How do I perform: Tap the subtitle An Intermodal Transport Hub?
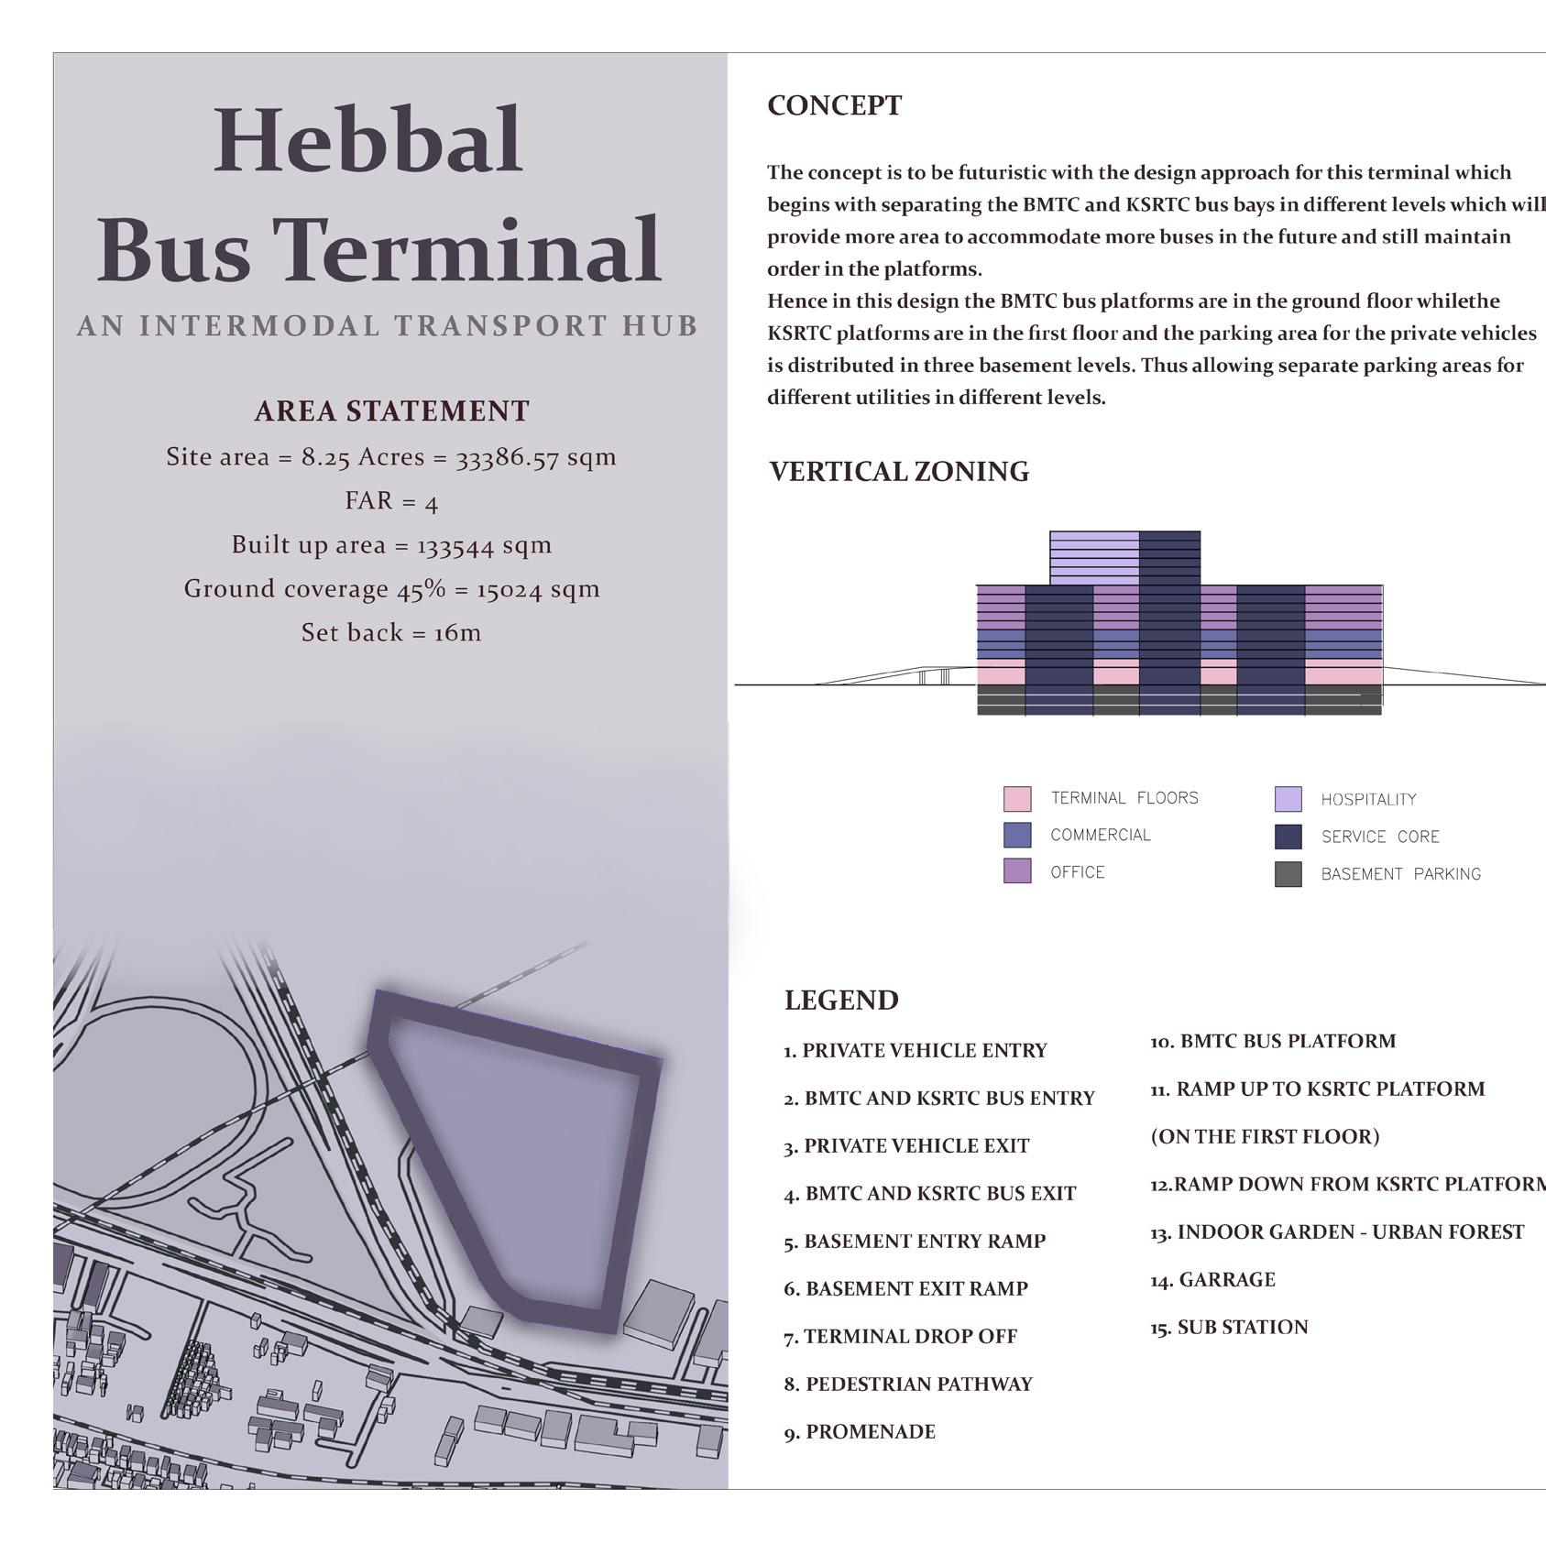coord(388,326)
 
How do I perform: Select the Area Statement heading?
coord(391,411)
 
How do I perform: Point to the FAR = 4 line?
coord(391,501)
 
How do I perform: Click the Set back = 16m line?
coord(391,633)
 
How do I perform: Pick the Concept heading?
coord(834,105)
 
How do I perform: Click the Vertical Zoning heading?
coord(898,472)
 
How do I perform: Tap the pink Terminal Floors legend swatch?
coord(1017,799)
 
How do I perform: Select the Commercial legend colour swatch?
coord(1017,836)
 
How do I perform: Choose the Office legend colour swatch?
coord(1017,871)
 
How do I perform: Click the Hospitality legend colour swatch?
coord(1288,799)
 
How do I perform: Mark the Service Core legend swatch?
coord(1288,837)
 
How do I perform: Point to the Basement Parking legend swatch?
coord(1288,874)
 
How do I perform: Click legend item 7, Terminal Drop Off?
coord(900,1337)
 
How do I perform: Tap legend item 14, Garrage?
coord(1212,1280)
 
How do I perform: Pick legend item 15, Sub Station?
coord(1229,1328)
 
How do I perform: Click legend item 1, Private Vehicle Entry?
coord(915,1051)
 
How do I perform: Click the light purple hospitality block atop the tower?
coord(1094,557)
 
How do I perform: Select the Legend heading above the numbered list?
coord(841,1001)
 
